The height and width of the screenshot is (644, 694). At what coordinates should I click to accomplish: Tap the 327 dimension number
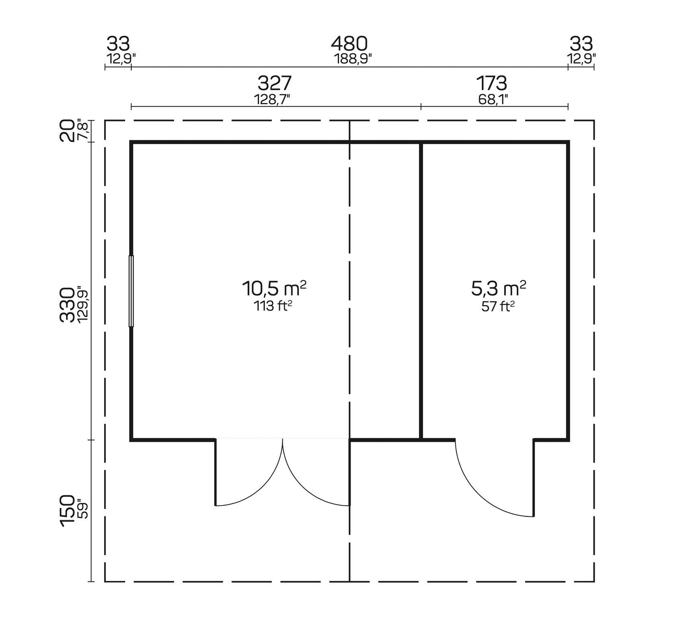[x=274, y=84]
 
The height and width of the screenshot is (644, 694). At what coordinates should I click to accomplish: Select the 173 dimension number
[x=491, y=84]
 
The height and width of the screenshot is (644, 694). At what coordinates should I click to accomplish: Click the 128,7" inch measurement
[x=272, y=99]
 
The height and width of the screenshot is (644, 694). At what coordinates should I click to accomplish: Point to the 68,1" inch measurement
[x=493, y=99]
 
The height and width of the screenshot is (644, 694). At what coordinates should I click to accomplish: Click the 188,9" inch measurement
[x=353, y=59]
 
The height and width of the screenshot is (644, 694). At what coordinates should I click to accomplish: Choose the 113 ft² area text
[x=273, y=306]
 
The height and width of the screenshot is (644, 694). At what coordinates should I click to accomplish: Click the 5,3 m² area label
[x=498, y=288]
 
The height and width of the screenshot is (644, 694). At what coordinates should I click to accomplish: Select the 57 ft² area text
[x=498, y=307]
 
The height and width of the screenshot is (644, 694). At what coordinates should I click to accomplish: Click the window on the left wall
[x=131, y=291]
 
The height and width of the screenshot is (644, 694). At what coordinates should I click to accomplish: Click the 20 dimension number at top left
[x=67, y=131]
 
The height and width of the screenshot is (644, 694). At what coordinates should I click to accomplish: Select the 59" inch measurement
[x=82, y=509]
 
